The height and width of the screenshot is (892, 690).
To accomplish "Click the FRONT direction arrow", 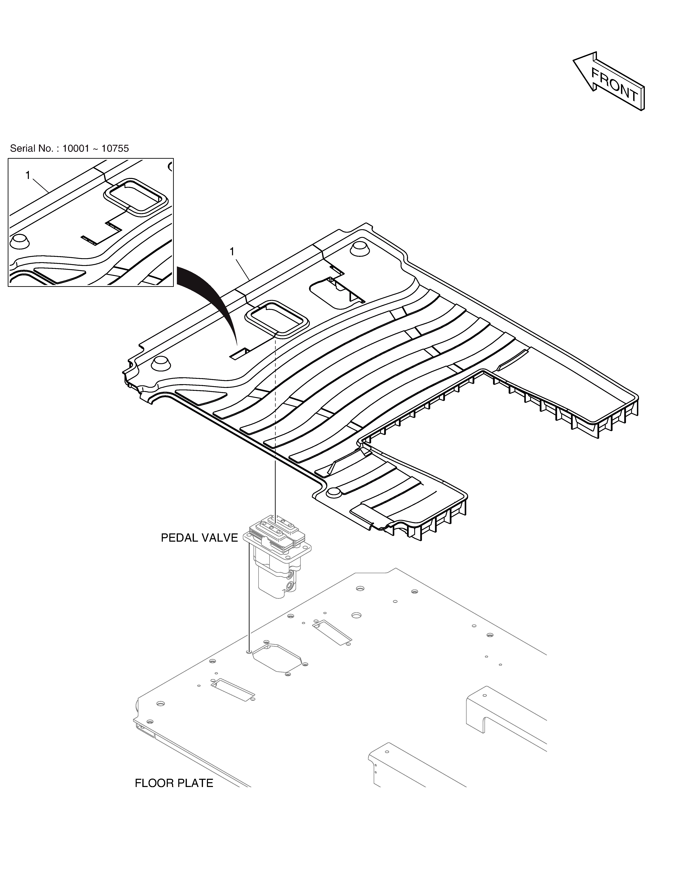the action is click(609, 82).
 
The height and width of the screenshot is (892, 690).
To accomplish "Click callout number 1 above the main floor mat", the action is click(232, 252).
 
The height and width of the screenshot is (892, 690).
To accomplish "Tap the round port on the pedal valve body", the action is click(291, 587).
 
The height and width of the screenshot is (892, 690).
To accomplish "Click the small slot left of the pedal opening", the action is click(239, 354).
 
